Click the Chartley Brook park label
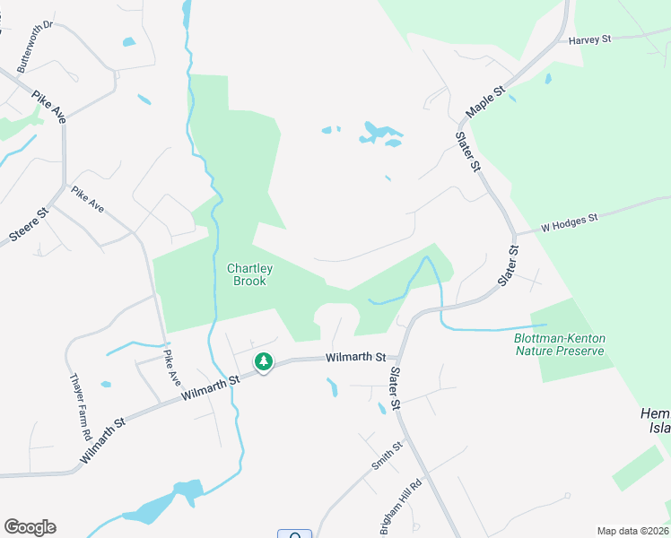tap(250, 274)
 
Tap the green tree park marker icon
tap(264, 362)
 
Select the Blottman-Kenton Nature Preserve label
tap(561, 344)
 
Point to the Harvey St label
tap(588, 39)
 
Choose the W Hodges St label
tap(569, 223)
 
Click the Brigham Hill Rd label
tap(394, 512)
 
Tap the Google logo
tap(30, 527)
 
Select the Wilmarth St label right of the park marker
tap(355, 357)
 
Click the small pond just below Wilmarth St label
tap(332, 387)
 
